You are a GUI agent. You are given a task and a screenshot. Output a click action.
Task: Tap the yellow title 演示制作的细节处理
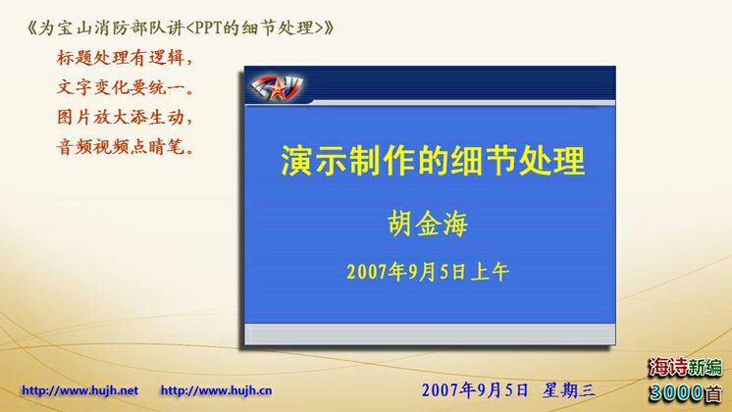pyautogui.click(x=433, y=161)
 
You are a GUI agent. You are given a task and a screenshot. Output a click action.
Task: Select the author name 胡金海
pyautogui.click(x=427, y=224)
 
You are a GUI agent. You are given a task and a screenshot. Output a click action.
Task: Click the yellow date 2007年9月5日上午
pyautogui.click(x=427, y=272)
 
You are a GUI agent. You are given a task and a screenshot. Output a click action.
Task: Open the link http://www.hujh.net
pyautogui.click(x=79, y=390)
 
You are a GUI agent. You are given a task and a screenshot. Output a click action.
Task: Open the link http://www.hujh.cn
pyautogui.click(x=216, y=390)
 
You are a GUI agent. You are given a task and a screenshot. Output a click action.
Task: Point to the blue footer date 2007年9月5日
pyautogui.click(x=475, y=390)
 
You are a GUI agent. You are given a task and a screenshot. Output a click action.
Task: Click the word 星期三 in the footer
pyautogui.click(x=568, y=390)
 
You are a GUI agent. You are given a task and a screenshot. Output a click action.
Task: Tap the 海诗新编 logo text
pyautogui.click(x=685, y=368)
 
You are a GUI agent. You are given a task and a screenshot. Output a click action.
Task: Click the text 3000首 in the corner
pyautogui.click(x=685, y=392)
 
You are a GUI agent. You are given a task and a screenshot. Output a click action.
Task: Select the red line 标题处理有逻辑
pyautogui.click(x=125, y=58)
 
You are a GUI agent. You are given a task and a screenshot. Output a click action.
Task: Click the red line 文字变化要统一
pyautogui.click(x=125, y=87)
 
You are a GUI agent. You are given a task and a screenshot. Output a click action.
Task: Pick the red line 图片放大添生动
pyautogui.click(x=125, y=117)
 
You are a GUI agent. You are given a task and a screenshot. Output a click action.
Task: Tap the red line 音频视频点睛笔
pyautogui.click(x=125, y=147)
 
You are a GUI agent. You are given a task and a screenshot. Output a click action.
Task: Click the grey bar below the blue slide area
pyautogui.click(x=430, y=335)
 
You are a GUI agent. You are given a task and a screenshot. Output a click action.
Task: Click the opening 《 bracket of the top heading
pyautogui.click(x=31, y=28)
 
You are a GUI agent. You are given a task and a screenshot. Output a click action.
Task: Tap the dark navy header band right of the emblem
pyautogui.click(x=462, y=83)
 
